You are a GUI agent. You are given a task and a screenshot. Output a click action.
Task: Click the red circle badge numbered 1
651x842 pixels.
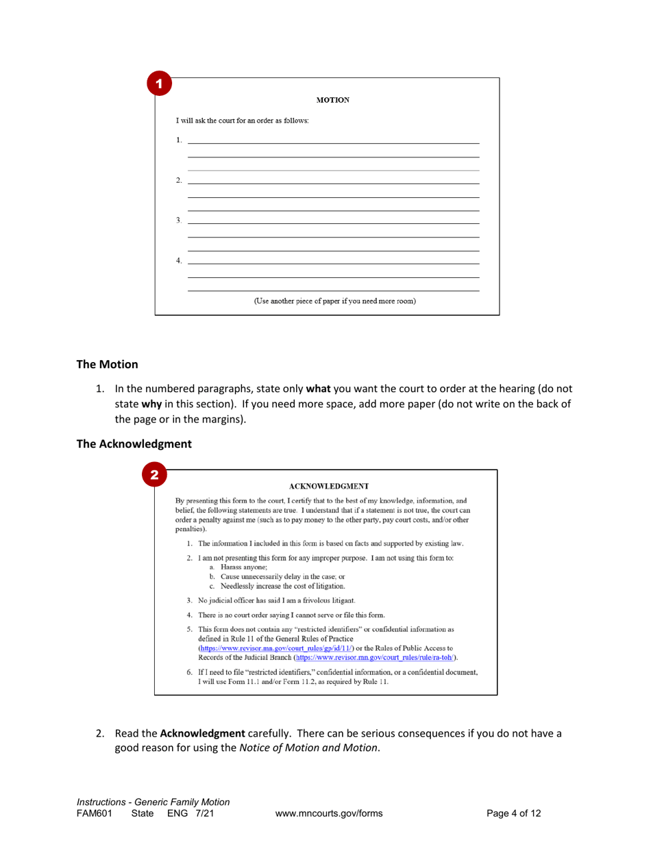(157, 86)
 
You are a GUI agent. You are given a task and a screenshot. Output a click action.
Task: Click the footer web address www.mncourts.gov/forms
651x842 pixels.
(328, 813)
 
